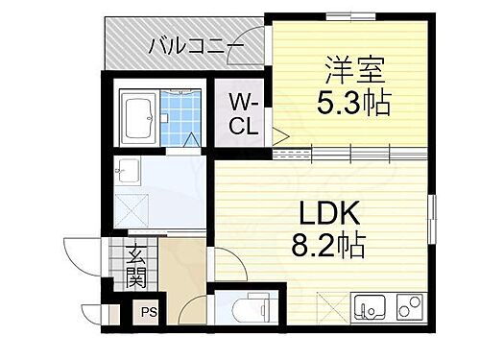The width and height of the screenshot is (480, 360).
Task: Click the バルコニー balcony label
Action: (x=197, y=44)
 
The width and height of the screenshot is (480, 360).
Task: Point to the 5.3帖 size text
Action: (x=355, y=102)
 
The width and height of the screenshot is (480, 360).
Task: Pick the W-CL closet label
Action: (x=240, y=113)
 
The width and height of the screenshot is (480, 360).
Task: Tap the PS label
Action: (x=149, y=312)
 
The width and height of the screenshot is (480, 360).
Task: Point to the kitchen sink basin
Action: (x=367, y=308)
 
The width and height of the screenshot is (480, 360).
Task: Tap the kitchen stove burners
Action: (x=409, y=308)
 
